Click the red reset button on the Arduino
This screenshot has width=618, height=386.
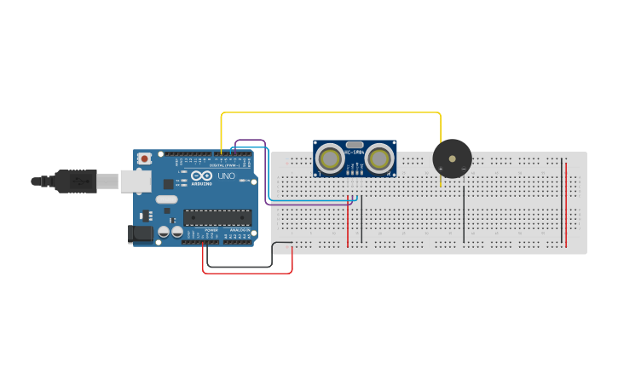[146, 158]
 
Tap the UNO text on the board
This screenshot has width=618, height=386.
[227, 176]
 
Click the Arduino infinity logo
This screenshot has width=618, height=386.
[201, 176]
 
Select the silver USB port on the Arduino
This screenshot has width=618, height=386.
[135, 181]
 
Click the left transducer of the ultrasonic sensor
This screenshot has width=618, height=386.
[330, 158]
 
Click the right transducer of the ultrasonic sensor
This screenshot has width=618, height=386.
[380, 158]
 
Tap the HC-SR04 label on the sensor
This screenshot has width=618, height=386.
[355, 153]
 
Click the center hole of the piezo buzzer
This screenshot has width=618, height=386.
[452, 158]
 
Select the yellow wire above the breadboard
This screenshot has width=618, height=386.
[332, 112]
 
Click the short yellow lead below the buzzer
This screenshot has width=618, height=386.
[441, 182]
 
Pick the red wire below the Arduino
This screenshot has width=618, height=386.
[247, 273]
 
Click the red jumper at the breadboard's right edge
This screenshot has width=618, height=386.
[565, 205]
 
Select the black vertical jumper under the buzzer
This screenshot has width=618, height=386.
[464, 213]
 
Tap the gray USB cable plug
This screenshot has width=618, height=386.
[85, 181]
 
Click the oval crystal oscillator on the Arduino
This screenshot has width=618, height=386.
[166, 199]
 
